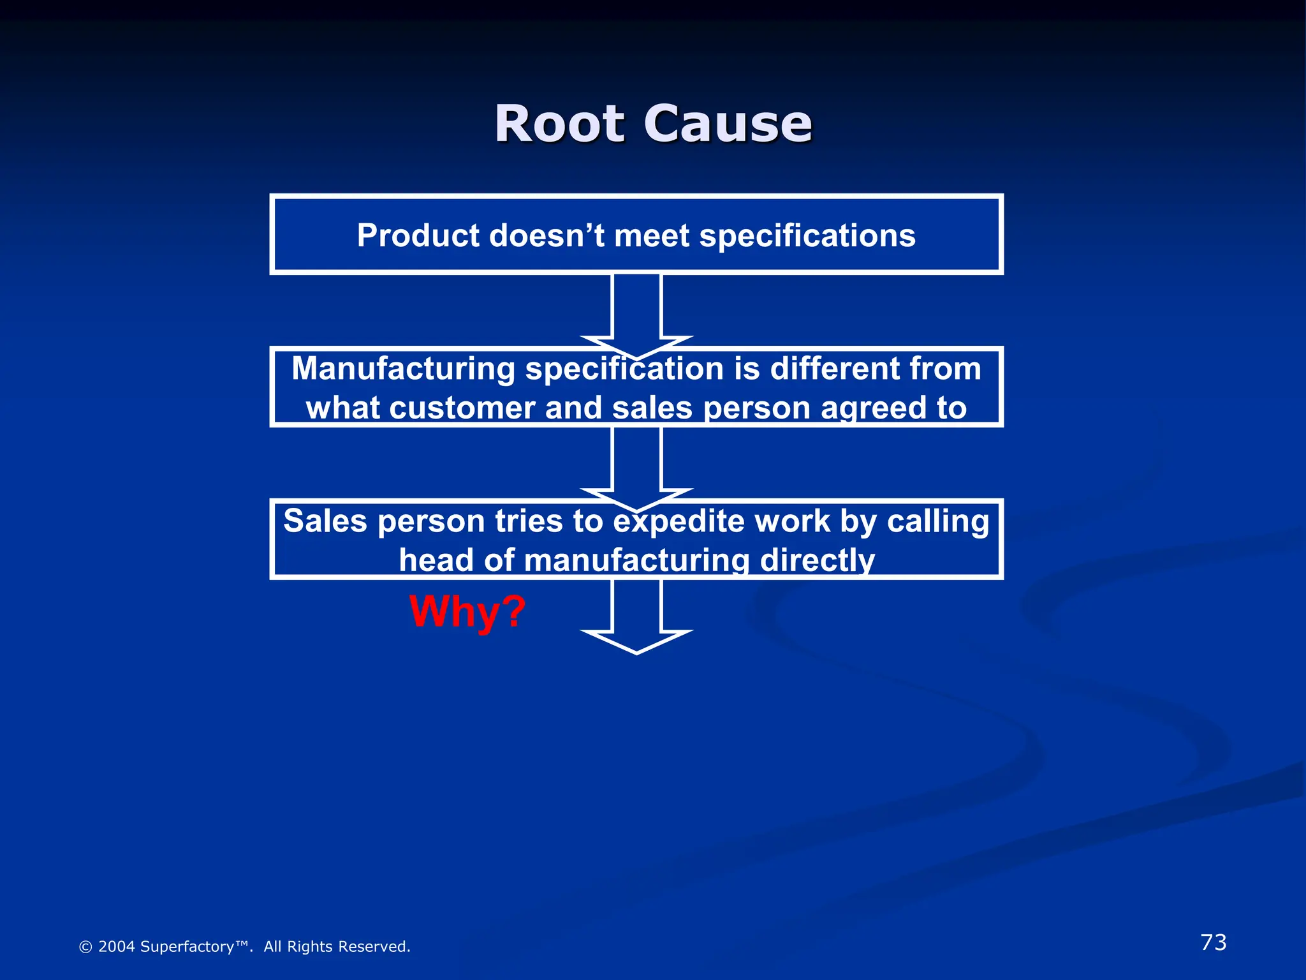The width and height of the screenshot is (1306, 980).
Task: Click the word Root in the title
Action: pos(559,124)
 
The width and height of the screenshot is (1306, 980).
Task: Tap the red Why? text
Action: pos(467,611)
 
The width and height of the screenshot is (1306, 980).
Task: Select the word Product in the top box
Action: pos(418,235)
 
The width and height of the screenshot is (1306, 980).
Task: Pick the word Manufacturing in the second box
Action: pos(403,369)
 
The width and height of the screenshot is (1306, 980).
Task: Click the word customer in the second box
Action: pos(462,408)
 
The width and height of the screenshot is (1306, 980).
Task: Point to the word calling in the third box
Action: pos(937,521)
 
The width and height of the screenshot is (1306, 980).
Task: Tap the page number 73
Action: pos(1213,942)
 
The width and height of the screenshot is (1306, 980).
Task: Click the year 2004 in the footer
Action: pos(116,947)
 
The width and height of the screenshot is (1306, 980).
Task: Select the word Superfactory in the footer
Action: pos(187,947)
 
